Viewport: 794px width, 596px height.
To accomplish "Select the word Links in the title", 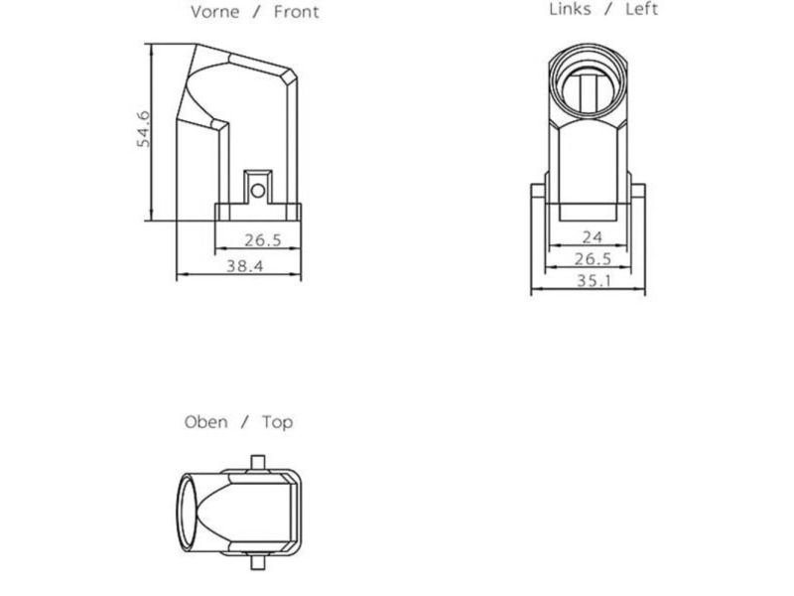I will tap(571, 9).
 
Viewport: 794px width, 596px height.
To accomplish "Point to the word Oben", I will tap(205, 422).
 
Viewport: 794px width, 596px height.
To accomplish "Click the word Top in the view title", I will tap(277, 422).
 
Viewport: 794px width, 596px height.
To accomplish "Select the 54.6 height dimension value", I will tap(144, 130).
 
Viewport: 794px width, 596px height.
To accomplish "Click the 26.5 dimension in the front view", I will tap(263, 240).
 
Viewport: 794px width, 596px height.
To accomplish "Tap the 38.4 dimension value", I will tap(243, 266).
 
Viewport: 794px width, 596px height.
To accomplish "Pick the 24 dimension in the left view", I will tap(593, 236).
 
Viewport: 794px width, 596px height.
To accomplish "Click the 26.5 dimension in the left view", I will tap(592, 259).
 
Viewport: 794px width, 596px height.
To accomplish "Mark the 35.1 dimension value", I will tap(592, 281).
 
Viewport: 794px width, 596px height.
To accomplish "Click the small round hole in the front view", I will tap(257, 188).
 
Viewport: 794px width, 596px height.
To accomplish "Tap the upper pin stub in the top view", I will tap(258, 459).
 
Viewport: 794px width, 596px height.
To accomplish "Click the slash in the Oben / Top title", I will tap(245, 422).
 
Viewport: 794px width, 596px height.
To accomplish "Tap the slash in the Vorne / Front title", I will tap(257, 13).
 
